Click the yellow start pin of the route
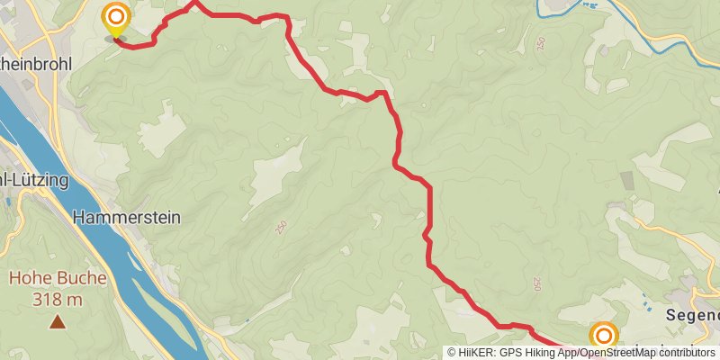[x=115, y=21]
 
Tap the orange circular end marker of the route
[x=603, y=337]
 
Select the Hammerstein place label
[x=126, y=217]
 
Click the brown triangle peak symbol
[x=58, y=321]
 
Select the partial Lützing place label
[x=34, y=180]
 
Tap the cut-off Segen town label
[x=693, y=315]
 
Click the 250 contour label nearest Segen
[x=537, y=283]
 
